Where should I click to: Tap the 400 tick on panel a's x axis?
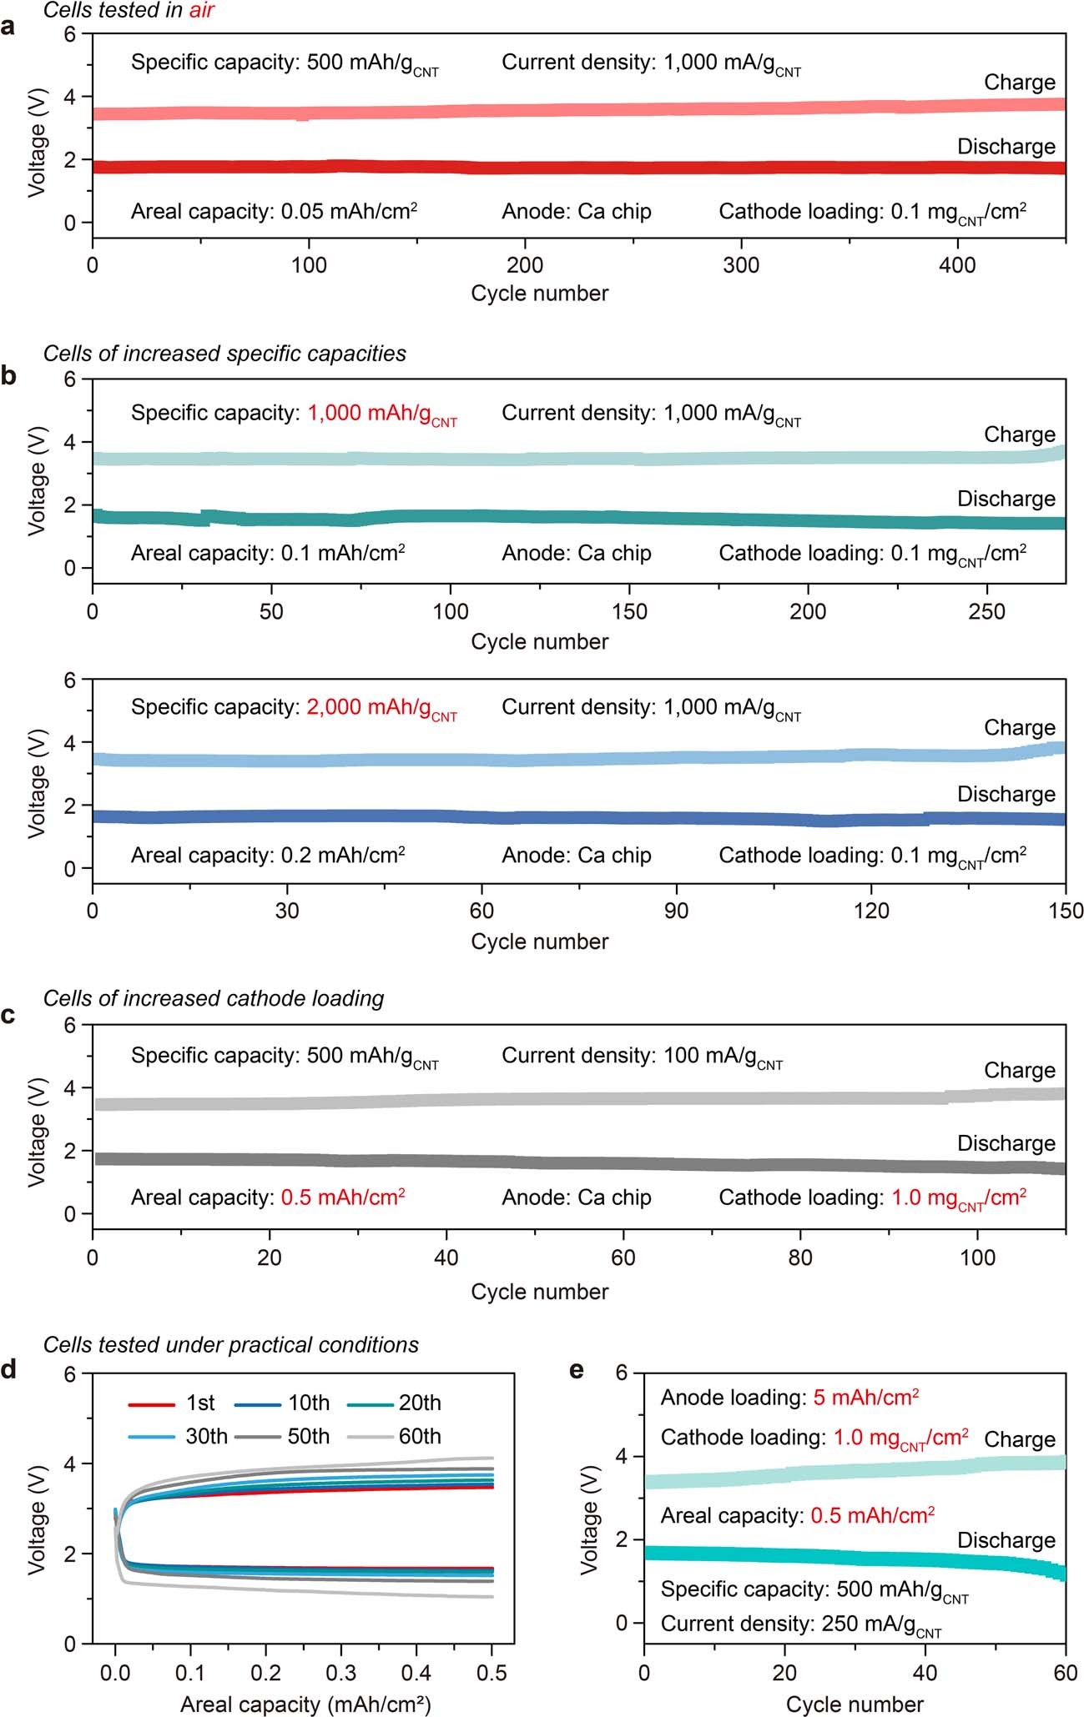(x=957, y=265)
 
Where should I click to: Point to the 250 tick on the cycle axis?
(x=987, y=611)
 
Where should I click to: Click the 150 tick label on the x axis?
(x=1066, y=911)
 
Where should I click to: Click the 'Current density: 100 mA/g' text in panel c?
(x=642, y=1057)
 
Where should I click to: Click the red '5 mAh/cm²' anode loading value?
(x=865, y=1398)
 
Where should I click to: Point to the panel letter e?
(x=576, y=1370)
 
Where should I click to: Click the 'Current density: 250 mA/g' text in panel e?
(x=801, y=1624)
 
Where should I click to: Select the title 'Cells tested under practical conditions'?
(x=231, y=1345)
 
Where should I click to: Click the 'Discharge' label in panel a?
(x=1006, y=147)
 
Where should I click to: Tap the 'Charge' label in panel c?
(x=1019, y=1070)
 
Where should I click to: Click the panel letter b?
(x=9, y=376)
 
